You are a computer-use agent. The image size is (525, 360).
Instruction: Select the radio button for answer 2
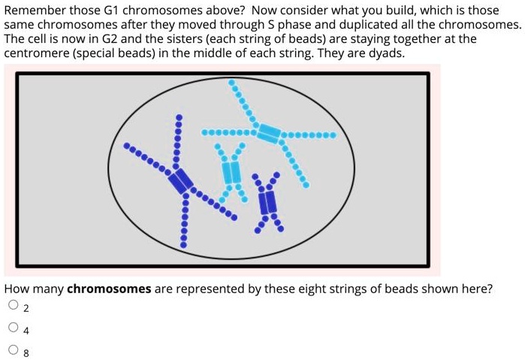click(x=13, y=306)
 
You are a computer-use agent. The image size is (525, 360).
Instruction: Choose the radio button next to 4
click(x=13, y=328)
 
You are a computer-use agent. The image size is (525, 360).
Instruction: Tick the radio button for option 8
click(x=13, y=349)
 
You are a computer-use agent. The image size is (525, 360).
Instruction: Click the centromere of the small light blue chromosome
click(x=232, y=172)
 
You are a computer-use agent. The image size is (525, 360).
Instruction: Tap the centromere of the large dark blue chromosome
click(x=181, y=180)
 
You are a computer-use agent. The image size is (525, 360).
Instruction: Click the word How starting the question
click(x=17, y=289)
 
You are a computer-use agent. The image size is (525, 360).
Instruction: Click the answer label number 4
click(x=26, y=329)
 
